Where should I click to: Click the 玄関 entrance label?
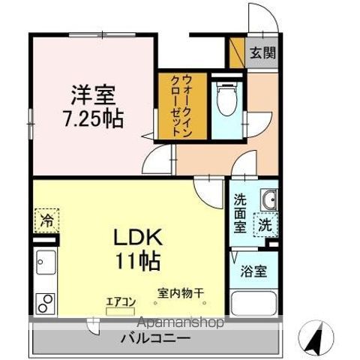click(x=262, y=52)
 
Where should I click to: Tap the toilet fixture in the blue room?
click(x=225, y=97)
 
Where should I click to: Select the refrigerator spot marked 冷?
click(x=46, y=222)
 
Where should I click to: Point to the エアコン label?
click(x=119, y=301)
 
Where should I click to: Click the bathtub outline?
click(x=251, y=304)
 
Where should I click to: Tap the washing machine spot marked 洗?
click(x=265, y=223)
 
